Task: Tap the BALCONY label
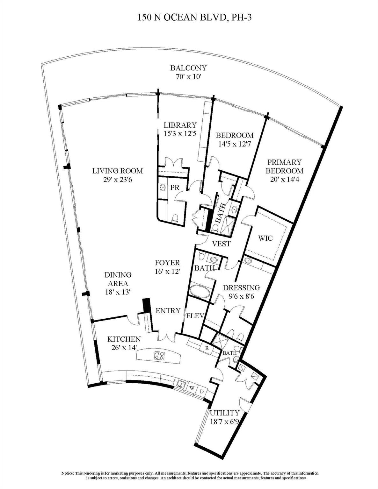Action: pos(188,68)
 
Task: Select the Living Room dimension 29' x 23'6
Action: pos(117,180)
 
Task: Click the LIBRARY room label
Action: pos(180,125)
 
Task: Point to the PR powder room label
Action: pos(175,188)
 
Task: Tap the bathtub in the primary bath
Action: pos(200,291)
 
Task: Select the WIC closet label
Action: pos(265,238)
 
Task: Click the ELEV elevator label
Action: pos(195,316)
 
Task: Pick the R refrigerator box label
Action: pos(207,348)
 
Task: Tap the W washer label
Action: pos(192,388)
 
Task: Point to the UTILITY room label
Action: pos(224,413)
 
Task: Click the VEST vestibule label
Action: pos(221,244)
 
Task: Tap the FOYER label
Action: pos(167,263)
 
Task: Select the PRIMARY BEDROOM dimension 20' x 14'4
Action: pos(284,179)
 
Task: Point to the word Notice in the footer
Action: pos(67,473)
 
